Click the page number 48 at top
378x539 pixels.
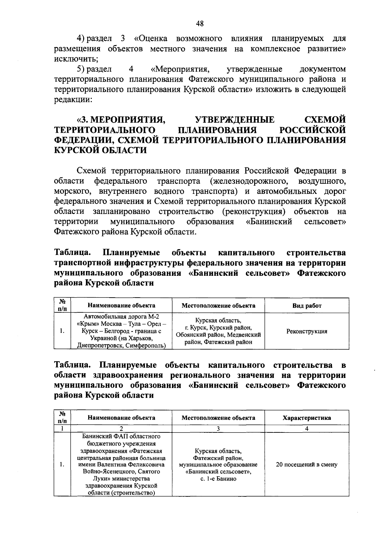(x=200, y=24)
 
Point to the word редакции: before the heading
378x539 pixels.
(x=73, y=99)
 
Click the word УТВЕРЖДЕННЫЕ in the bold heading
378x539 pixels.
(x=235, y=120)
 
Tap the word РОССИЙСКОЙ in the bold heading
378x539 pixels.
(x=312, y=130)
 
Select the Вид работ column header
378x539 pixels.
(x=307, y=305)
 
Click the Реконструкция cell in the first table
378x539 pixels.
(x=307, y=331)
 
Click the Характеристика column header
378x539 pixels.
(x=307, y=418)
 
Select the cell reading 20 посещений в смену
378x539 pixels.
(x=306, y=465)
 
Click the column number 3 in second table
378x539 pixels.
(x=218, y=429)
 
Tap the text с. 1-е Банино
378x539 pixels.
(x=218, y=479)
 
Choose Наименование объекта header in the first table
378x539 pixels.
(x=121, y=305)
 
